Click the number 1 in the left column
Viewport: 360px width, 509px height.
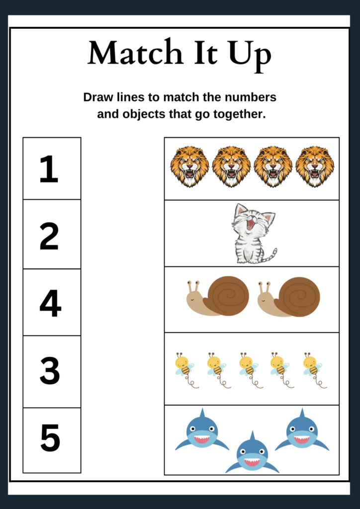(x=49, y=169)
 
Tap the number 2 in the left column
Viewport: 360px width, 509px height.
(x=49, y=236)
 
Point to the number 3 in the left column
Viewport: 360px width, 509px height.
(x=50, y=370)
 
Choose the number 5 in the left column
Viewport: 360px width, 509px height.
(x=50, y=438)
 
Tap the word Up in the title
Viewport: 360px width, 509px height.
(x=250, y=54)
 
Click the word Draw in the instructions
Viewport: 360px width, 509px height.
(x=98, y=97)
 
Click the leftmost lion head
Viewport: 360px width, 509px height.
(x=189, y=166)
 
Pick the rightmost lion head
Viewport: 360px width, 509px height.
(x=315, y=166)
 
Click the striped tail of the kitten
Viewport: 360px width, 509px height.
(x=270, y=255)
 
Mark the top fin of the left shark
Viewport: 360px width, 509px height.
(x=202, y=413)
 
